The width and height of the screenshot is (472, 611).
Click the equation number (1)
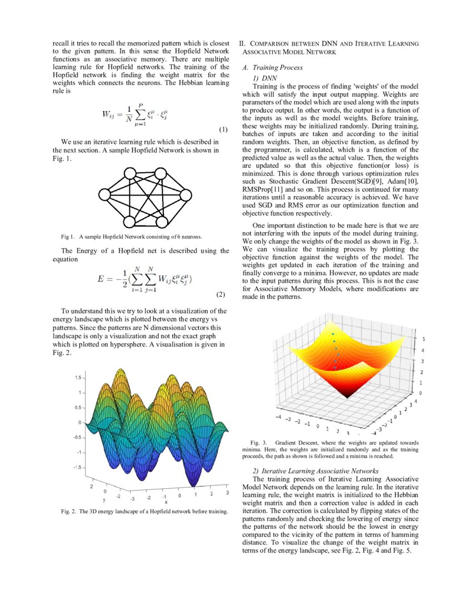click(x=223, y=130)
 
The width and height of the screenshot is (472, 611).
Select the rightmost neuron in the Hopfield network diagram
click(x=188, y=194)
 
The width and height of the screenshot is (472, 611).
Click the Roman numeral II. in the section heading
click(x=243, y=43)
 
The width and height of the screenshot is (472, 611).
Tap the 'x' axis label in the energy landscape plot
click(x=165, y=502)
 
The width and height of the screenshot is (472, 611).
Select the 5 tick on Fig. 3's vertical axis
click(x=424, y=338)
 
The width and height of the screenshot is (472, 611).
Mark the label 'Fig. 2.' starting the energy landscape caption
click(x=69, y=512)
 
